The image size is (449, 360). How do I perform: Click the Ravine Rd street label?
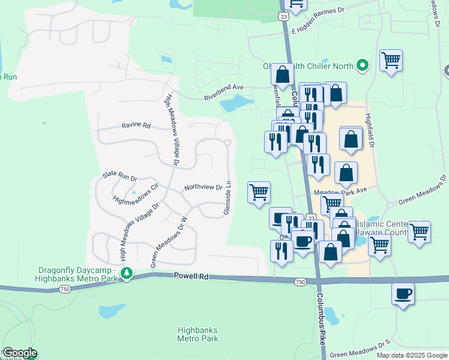click(x=136, y=125)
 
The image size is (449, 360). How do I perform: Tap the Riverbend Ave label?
click(x=223, y=92)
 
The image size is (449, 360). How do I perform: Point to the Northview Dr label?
click(x=203, y=187)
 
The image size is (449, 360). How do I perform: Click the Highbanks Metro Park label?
click(x=197, y=334)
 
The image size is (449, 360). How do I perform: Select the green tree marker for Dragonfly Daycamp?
click(x=127, y=274)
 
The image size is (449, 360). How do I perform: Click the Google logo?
click(x=19, y=353)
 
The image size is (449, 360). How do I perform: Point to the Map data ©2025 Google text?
click(x=412, y=355)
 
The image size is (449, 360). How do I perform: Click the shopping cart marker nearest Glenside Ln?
click(x=259, y=193)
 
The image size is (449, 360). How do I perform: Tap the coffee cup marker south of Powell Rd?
click(x=403, y=294)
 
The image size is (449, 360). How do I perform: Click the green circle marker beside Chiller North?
click(x=363, y=65)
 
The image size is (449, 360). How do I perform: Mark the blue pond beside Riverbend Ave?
click(x=235, y=104)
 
